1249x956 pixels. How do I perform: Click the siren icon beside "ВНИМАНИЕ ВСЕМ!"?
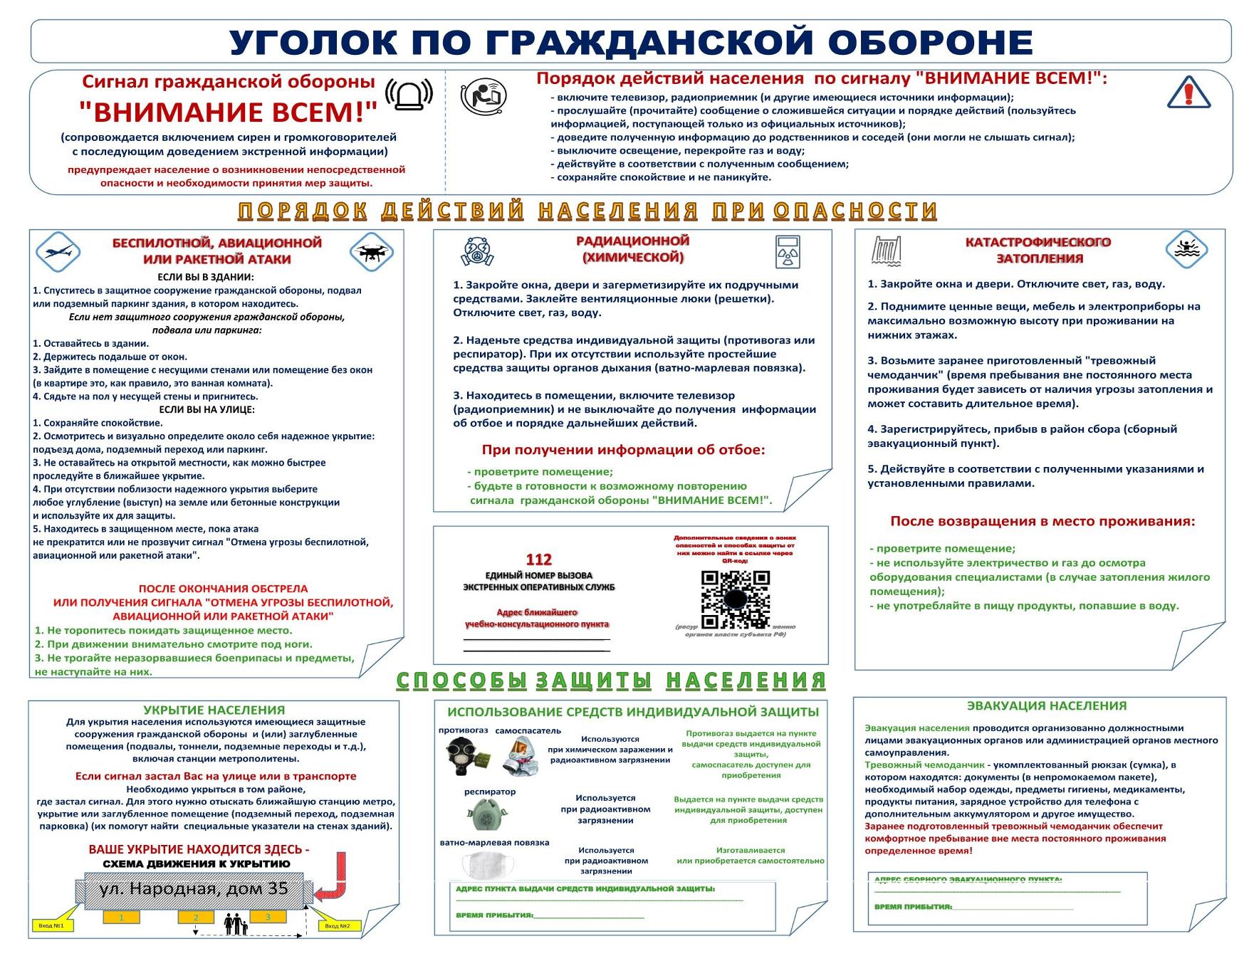click(x=409, y=95)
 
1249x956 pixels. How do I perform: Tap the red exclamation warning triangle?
click(x=1188, y=93)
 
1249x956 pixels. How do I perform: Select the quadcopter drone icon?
click(x=372, y=252)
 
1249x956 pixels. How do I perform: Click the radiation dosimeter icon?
click(x=788, y=251)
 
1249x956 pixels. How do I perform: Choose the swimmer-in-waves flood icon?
click(x=1186, y=250)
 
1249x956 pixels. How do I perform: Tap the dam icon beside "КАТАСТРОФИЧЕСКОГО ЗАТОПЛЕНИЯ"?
click(x=887, y=251)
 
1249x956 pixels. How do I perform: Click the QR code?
click(x=736, y=599)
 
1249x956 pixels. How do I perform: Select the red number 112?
click(x=538, y=560)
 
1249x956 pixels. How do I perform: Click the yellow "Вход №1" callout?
click(x=51, y=925)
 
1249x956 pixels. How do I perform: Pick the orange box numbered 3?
click(x=268, y=918)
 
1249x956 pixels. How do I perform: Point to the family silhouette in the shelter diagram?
click(x=236, y=925)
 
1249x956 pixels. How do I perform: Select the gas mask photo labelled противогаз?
click(x=464, y=755)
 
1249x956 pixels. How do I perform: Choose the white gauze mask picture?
click(x=488, y=865)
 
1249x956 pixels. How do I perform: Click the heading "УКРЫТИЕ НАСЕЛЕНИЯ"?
click(x=214, y=710)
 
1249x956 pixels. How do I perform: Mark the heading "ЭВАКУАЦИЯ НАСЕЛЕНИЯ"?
click(x=1046, y=705)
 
